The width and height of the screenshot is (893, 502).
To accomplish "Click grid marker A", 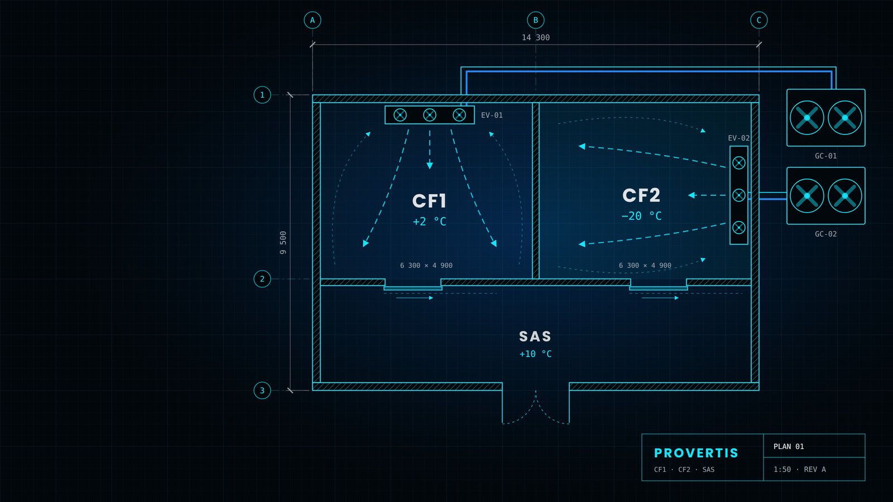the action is [312, 20].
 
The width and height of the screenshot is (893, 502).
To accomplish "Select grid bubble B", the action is [535, 20].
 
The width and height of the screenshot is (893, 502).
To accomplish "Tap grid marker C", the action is [758, 20].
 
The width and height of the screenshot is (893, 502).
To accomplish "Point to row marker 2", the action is [262, 279].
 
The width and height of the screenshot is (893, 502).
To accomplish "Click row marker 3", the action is [262, 390].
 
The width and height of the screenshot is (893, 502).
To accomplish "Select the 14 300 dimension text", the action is [535, 37].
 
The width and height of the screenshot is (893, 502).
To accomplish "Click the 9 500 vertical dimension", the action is [282, 243].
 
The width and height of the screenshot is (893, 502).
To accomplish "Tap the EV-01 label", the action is [492, 115].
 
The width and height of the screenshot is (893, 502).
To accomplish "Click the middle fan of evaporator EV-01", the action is [429, 115].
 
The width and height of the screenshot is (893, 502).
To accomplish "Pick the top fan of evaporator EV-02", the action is [739, 163].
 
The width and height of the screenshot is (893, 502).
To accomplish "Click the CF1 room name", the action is [429, 201].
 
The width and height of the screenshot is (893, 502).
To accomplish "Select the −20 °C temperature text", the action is [641, 216].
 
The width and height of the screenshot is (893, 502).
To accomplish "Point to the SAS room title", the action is [535, 337].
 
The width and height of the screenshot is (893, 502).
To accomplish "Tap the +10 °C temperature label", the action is [535, 354].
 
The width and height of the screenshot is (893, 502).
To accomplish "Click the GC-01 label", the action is [825, 156].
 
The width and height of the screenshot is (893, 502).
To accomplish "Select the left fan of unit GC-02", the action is [807, 196].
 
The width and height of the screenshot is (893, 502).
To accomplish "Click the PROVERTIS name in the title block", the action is [696, 453].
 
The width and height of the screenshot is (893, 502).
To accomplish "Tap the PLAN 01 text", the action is [789, 447].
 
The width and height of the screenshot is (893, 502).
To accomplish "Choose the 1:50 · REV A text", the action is [799, 469].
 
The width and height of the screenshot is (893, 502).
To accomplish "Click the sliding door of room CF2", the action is [658, 288].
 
